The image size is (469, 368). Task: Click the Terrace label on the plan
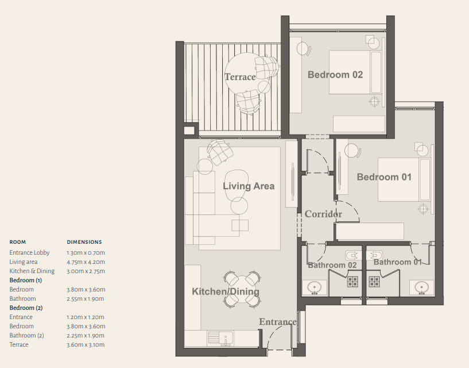240,77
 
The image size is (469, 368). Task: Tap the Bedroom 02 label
335,75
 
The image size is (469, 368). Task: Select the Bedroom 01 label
385,177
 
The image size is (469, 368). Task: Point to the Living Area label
249,186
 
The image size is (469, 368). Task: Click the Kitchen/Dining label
226,292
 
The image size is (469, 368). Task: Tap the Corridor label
323,214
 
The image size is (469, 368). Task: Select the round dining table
242,289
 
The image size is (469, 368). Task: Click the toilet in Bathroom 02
353,256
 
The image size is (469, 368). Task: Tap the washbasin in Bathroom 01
421,287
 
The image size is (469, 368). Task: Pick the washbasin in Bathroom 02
315,287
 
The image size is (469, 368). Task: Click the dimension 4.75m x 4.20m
86,262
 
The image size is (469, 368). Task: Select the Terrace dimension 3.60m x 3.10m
86,344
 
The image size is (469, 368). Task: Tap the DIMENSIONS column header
84,242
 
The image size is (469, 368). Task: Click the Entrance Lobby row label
29,252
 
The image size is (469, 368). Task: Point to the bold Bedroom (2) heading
26,308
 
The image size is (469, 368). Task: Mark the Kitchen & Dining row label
32,271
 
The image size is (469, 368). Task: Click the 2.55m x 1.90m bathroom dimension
85,299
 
